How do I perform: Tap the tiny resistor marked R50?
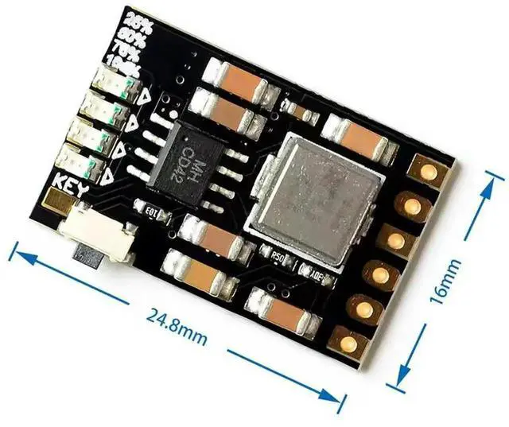tap(278, 256)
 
